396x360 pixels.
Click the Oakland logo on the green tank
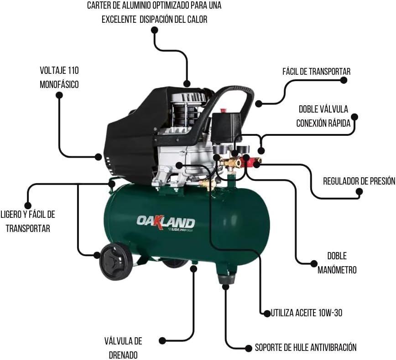[x=166, y=224]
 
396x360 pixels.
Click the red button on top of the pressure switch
[x=223, y=110]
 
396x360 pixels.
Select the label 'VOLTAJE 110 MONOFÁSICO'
[x=59, y=77]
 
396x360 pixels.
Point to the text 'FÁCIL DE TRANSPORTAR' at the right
[x=317, y=72]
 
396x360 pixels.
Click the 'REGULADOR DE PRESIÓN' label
[x=359, y=181]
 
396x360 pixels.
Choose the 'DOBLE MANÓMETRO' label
[x=337, y=263]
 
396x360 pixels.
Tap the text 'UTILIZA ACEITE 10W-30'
[x=306, y=313]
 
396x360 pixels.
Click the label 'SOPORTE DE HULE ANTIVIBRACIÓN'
[x=306, y=347]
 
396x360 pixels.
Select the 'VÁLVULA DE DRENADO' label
[x=123, y=348]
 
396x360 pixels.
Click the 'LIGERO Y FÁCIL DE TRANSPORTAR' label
[x=28, y=221]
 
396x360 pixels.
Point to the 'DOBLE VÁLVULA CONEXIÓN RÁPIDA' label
[x=323, y=116]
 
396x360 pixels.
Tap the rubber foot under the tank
[x=226, y=279]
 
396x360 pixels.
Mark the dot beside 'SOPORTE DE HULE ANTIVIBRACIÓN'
[x=248, y=348]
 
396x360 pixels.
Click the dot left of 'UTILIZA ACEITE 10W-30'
[x=267, y=314]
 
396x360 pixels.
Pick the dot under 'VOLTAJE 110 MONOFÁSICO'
[x=59, y=95]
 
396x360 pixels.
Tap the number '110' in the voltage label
[x=73, y=70]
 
